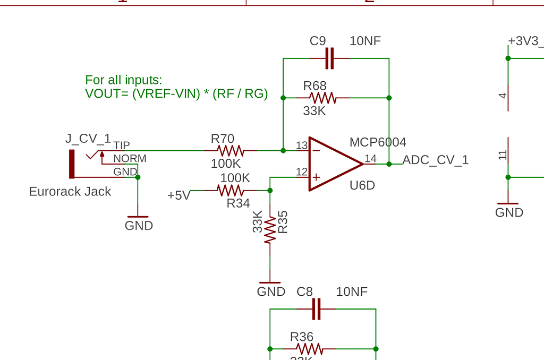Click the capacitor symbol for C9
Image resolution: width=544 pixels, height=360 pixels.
(329, 58)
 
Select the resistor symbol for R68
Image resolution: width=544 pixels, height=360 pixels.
(323, 98)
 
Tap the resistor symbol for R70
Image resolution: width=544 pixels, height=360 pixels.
(230, 150)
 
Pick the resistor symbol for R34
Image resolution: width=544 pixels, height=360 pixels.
(231, 190)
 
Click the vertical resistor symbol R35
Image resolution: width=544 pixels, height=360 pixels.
(270, 229)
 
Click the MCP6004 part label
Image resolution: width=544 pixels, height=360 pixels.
(378, 142)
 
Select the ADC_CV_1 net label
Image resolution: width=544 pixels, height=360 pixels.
(436, 160)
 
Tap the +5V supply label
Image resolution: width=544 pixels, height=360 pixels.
(178, 195)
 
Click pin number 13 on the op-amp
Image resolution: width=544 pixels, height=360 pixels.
(302, 145)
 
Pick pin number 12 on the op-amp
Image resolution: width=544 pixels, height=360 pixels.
(302, 172)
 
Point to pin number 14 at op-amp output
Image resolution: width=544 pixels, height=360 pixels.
(370, 158)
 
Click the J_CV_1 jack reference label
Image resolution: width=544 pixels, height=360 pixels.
(88, 139)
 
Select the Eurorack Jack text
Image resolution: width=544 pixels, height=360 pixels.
(70, 192)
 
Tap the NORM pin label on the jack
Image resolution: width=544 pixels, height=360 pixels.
(130, 159)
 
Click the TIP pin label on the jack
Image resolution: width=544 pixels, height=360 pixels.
(122, 145)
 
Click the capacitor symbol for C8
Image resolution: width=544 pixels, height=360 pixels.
(317, 309)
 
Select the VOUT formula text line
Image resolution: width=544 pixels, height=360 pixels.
(176, 94)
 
